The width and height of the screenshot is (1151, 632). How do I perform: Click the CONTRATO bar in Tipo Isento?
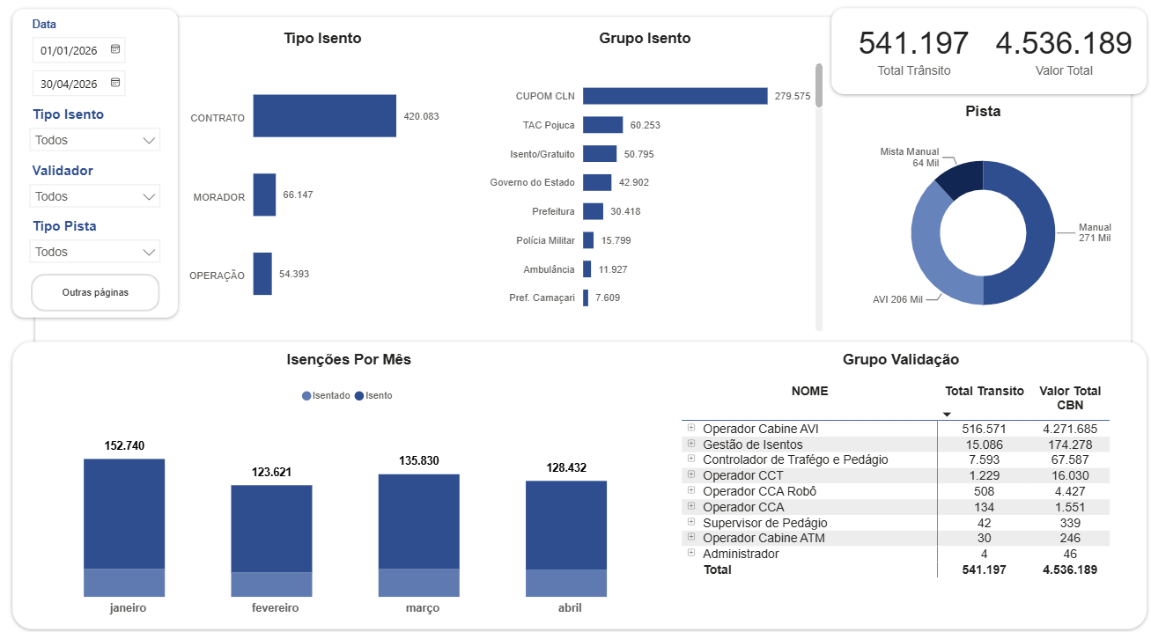(x=324, y=115)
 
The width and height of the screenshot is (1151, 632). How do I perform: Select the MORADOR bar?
(x=264, y=195)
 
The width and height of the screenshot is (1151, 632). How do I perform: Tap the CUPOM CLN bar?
(x=675, y=96)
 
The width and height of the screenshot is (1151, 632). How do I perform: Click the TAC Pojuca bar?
(x=602, y=125)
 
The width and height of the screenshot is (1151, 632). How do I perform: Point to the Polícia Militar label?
(x=545, y=240)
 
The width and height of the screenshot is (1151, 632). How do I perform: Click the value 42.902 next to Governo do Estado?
(x=633, y=182)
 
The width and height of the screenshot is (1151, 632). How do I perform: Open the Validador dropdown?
(x=95, y=196)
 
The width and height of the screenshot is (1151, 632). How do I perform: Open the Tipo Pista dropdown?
(x=95, y=252)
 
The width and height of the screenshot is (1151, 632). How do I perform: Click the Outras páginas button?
(x=95, y=292)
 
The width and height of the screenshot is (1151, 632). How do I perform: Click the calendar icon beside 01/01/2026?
(x=115, y=49)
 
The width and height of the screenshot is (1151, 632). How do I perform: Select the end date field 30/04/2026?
(x=78, y=83)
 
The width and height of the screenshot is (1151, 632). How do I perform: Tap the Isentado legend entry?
(x=326, y=395)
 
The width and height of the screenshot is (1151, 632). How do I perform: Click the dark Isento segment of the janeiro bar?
(x=124, y=514)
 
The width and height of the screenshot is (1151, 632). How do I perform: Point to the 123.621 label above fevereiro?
(x=271, y=472)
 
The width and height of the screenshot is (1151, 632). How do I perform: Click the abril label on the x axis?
(x=570, y=608)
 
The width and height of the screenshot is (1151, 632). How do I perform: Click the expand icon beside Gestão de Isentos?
(x=691, y=443)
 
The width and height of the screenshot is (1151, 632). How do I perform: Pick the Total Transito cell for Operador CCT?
(x=984, y=475)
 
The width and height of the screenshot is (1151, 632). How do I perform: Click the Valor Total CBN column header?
(x=1070, y=398)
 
